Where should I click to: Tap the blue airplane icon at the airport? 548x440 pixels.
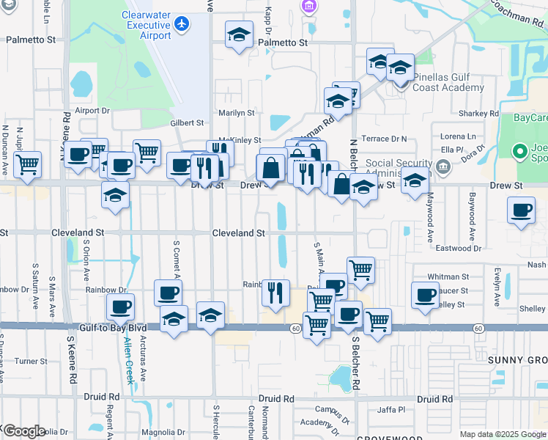pos(182,23)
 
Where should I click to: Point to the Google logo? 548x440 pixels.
pos(23,431)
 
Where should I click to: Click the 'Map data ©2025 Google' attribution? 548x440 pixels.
pos(502,434)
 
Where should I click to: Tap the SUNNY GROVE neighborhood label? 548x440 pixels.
pos(516,360)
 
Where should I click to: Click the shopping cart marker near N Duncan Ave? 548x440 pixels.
pos(28,164)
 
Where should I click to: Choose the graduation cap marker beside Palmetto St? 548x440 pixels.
pos(238,35)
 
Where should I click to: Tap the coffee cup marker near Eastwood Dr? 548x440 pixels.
pos(521,210)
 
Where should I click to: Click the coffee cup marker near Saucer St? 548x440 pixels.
pos(425,295)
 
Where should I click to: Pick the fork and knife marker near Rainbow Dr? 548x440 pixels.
pos(275,293)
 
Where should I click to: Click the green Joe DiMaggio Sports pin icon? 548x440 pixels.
pos(521,152)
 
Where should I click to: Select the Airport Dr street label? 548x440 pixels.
pos(92,111)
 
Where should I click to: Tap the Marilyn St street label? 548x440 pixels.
pos(236,113)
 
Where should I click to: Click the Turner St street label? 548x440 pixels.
pos(31,361)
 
